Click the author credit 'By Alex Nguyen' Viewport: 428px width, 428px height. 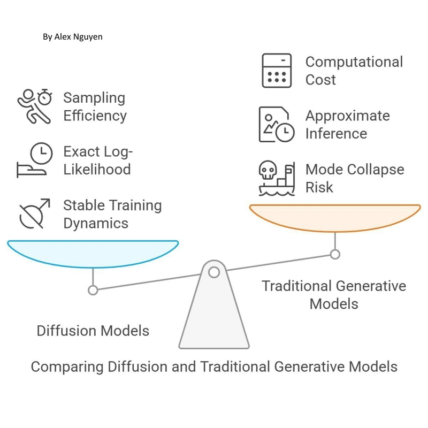click(x=73, y=36)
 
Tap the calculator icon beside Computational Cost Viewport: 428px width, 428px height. click(x=277, y=71)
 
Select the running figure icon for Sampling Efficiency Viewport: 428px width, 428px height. click(x=34, y=106)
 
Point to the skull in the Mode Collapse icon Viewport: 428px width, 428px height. click(x=268, y=170)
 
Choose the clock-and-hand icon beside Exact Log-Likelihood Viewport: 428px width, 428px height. click(x=35, y=160)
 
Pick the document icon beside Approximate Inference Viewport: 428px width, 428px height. click(x=277, y=124)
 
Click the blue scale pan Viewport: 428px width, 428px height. click(x=93, y=254)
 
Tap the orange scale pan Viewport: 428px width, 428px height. click(x=335, y=218)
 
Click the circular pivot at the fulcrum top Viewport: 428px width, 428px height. click(x=214, y=272)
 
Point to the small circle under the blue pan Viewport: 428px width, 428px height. click(x=93, y=290)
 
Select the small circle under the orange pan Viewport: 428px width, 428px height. click(x=335, y=255)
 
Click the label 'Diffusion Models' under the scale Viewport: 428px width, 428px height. click(x=93, y=331)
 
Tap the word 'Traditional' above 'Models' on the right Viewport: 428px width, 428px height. click(x=297, y=286)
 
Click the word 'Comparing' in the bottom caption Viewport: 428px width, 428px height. click(x=67, y=366)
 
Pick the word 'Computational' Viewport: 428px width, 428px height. click(x=354, y=62)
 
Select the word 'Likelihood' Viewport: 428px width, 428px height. click(x=97, y=169)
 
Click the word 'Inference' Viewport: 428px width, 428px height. click(x=336, y=133)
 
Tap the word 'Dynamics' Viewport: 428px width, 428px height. click(x=96, y=223)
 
